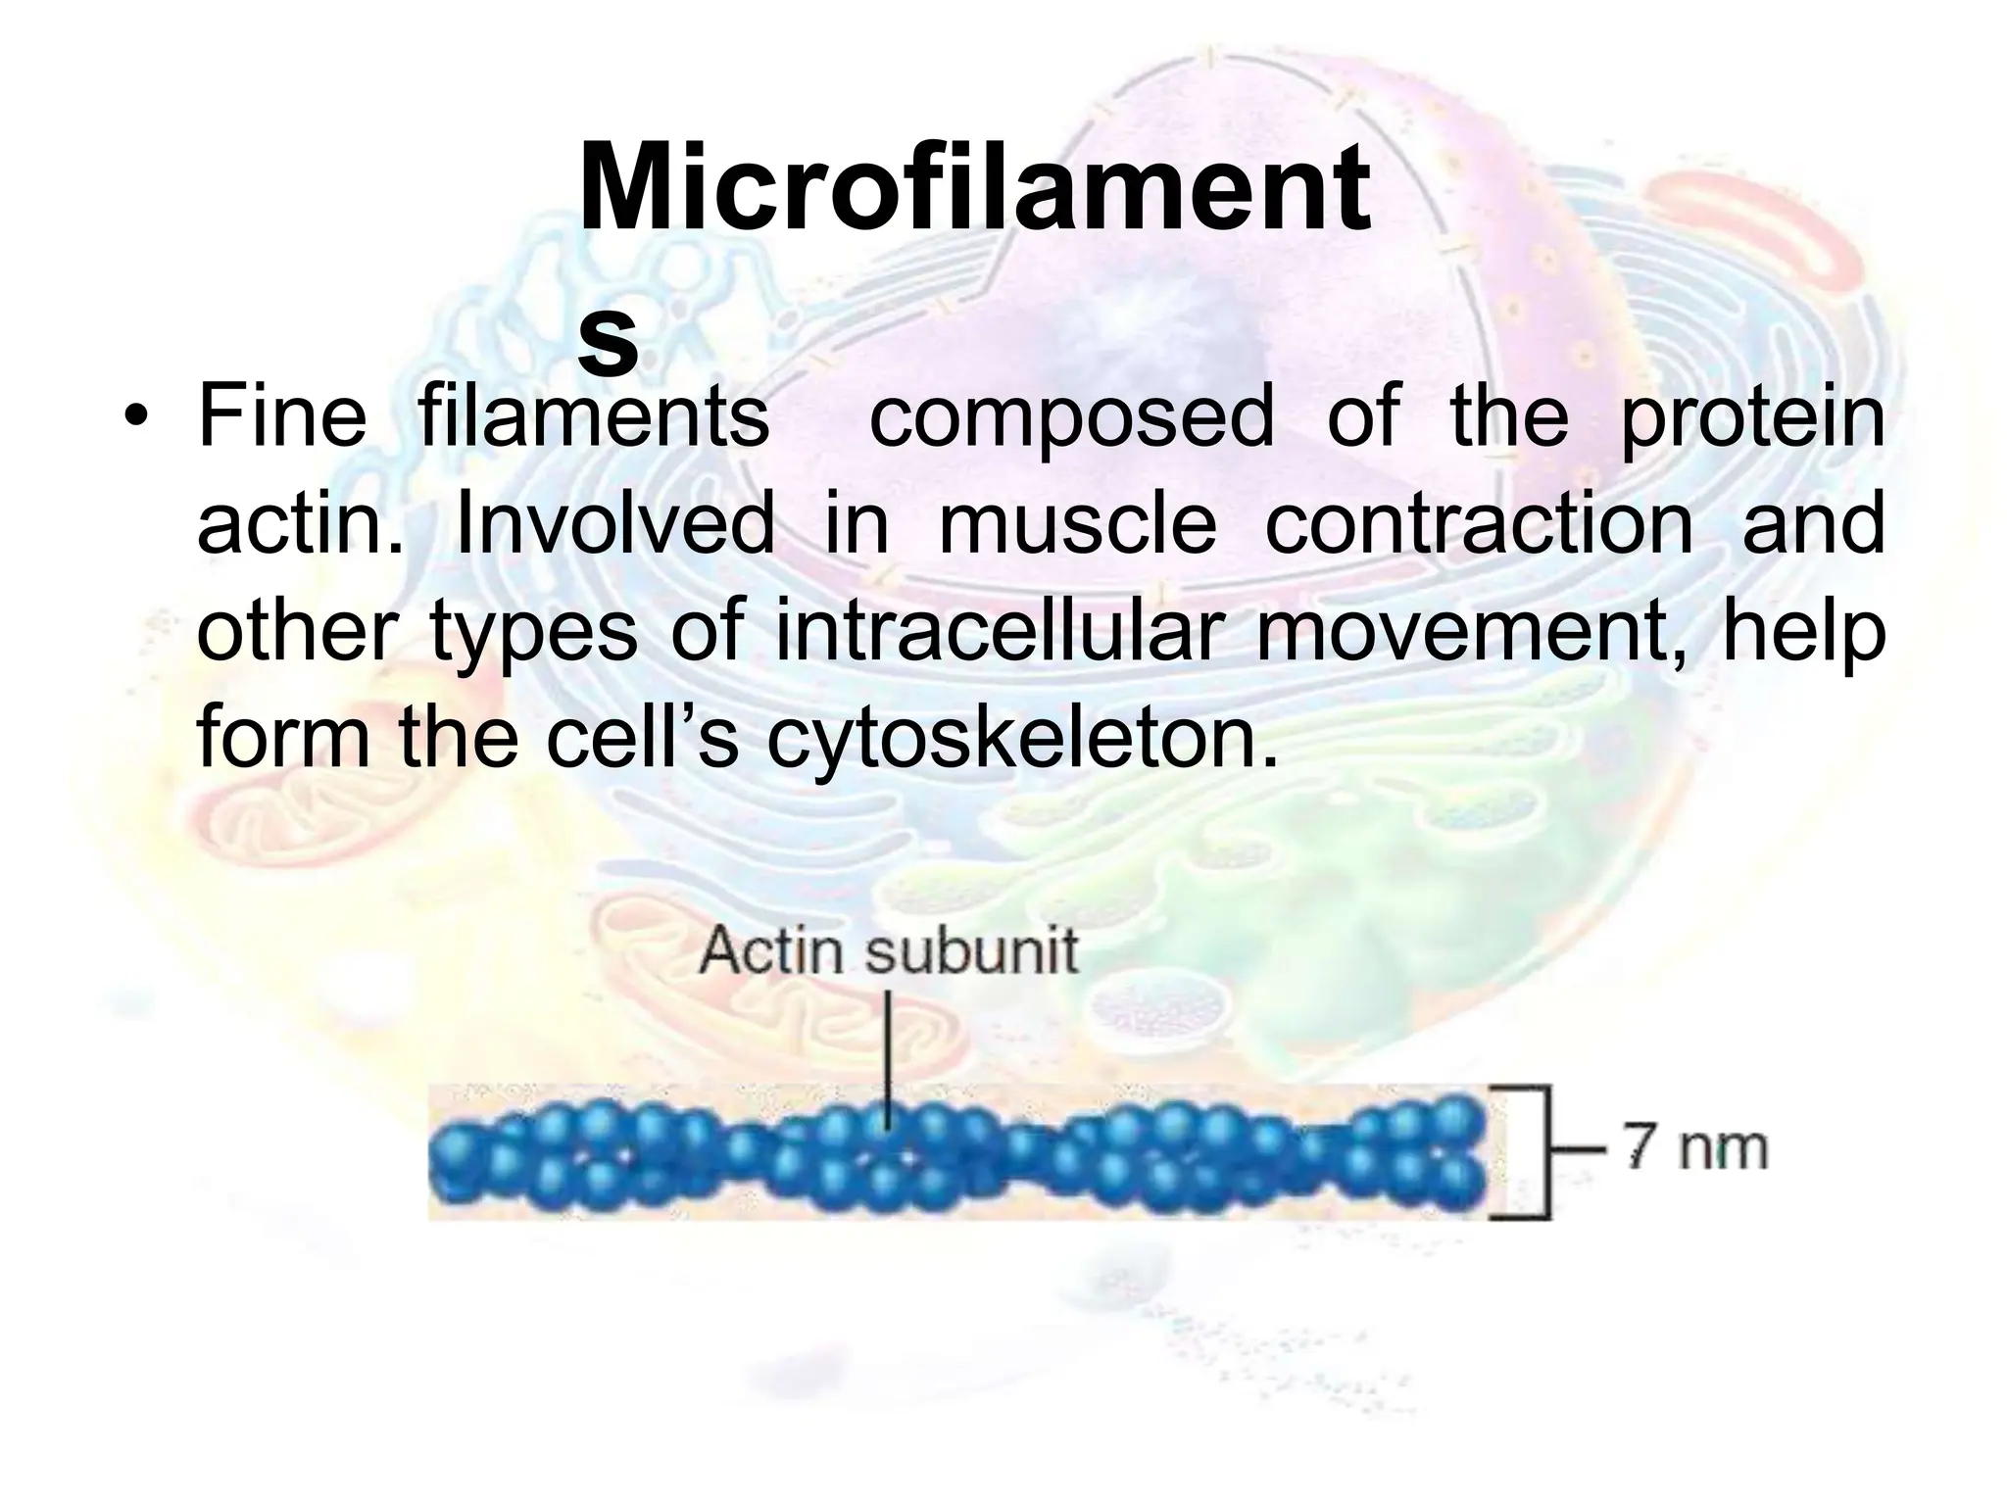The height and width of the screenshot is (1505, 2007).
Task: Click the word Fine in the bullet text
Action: click(281, 416)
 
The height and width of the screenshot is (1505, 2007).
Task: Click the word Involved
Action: click(615, 523)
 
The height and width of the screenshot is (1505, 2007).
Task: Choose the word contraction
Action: click(1479, 523)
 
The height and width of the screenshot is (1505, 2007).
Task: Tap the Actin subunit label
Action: click(889, 951)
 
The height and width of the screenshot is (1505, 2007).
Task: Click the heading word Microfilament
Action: click(974, 188)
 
